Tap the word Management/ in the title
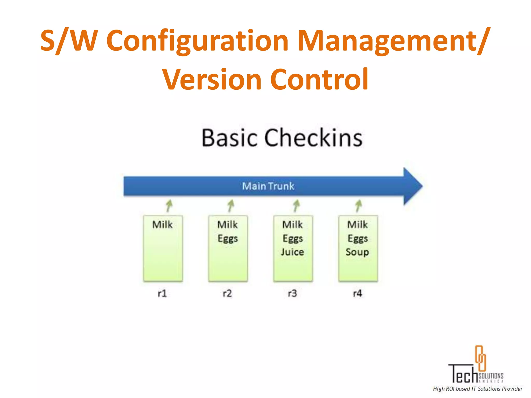click(x=394, y=41)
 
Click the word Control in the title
click(x=319, y=79)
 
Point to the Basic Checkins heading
click(x=282, y=138)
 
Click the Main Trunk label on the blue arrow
click(x=268, y=186)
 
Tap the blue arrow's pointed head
click(x=413, y=186)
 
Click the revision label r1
click(x=162, y=293)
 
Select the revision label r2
click(x=227, y=293)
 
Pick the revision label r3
click(x=292, y=293)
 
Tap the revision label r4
click(x=358, y=293)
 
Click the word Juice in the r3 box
click(x=292, y=252)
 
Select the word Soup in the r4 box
click(x=357, y=252)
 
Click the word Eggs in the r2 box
click(x=228, y=238)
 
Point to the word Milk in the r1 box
click(x=162, y=225)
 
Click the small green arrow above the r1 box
click(x=169, y=206)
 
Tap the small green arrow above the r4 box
click(x=359, y=206)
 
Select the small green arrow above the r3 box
click(x=296, y=206)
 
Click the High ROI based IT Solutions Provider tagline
click(x=478, y=389)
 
